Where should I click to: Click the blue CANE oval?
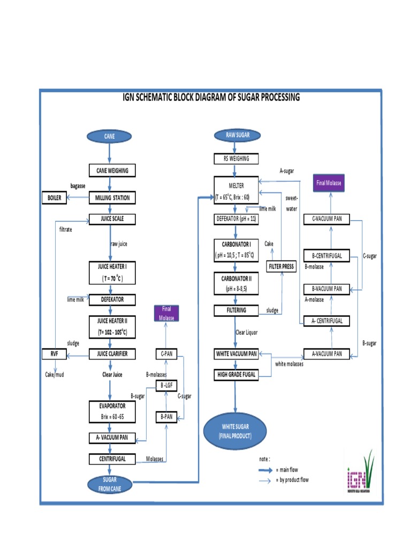point(109,136)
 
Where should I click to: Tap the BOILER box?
point(56,198)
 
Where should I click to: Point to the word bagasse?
point(79,185)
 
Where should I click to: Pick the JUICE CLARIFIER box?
point(112,354)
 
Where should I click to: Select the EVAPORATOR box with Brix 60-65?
point(112,411)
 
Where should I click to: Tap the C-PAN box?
point(166,354)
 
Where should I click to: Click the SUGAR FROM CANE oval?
point(109,484)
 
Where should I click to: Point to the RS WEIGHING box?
point(235,159)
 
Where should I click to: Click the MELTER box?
point(235,190)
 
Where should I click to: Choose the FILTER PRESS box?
point(281,266)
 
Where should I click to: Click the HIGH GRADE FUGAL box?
point(235,375)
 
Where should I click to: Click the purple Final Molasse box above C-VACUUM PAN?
point(329,183)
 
